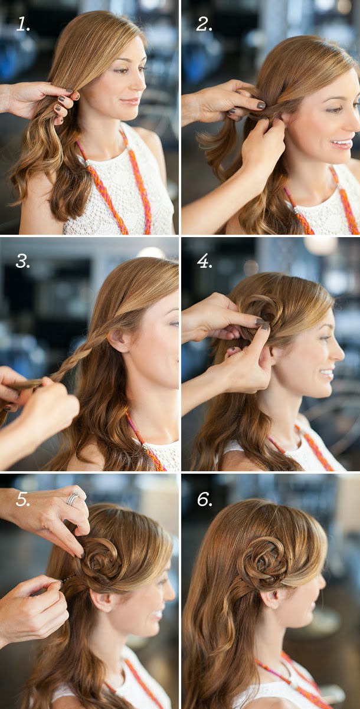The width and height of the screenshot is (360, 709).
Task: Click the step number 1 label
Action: coord(22,25)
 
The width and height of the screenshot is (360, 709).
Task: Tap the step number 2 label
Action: coord(204,25)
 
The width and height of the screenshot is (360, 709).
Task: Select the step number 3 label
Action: coord(22,261)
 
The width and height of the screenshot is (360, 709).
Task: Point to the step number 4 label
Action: coord(204,261)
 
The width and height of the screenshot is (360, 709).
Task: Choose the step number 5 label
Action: coord(22,500)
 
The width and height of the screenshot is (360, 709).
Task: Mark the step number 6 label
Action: coord(204,500)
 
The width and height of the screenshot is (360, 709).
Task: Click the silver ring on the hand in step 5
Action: coord(72,498)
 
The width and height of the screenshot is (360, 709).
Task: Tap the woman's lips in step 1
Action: coord(131,101)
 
